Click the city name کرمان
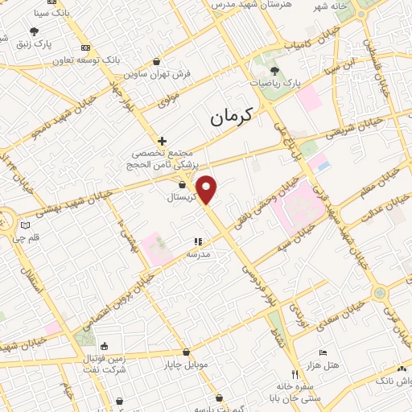(230, 117)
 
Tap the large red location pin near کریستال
(207, 188)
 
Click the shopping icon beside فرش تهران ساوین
(156, 61)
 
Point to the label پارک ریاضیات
(284, 83)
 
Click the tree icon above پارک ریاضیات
(274, 71)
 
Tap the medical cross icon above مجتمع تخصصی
(162, 140)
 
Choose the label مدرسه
(198, 253)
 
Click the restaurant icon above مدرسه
(198, 241)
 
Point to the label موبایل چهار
(188, 365)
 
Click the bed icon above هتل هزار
(323, 352)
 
